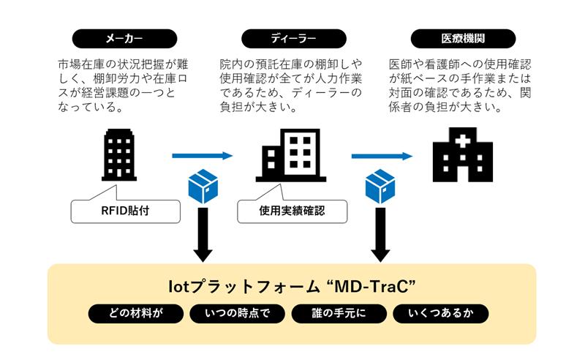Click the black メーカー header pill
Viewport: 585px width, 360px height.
pyautogui.click(x=124, y=39)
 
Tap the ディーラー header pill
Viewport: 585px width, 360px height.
pyautogui.click(x=292, y=39)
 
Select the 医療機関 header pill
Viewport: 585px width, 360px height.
pyautogui.click(x=463, y=39)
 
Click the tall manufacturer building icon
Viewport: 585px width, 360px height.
pyautogui.click(x=118, y=155)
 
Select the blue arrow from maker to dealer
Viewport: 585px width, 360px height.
pyautogui.click(x=202, y=156)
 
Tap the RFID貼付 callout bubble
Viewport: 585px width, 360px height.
pyautogui.click(x=125, y=212)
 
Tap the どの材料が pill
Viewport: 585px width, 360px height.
pyautogui.click(x=135, y=314)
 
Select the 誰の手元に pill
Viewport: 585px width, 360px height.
pyautogui.click(x=338, y=314)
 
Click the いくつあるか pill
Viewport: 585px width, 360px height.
pyautogui.click(x=440, y=314)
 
